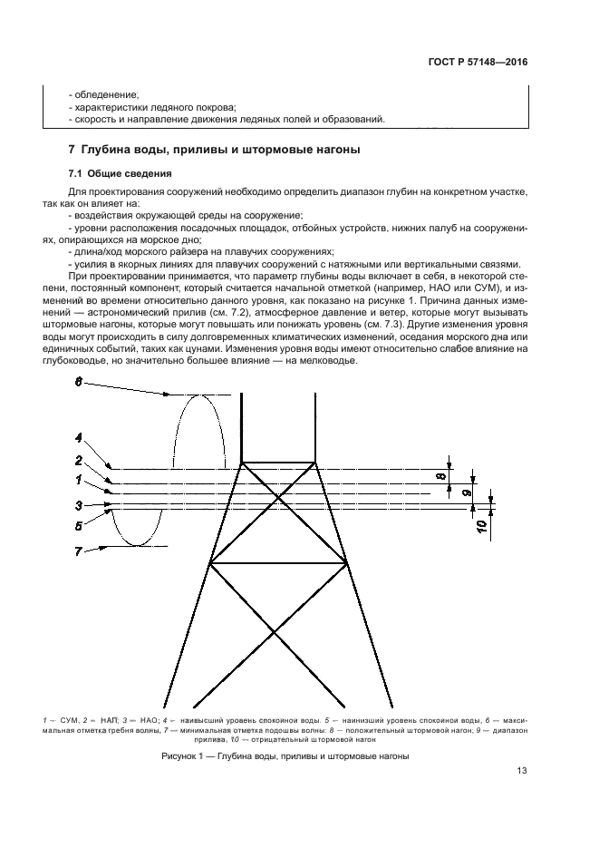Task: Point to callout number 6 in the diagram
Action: click(79, 383)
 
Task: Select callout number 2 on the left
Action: click(79, 462)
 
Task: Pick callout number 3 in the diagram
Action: click(79, 506)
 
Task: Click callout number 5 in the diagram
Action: click(79, 524)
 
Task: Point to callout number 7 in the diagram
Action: click(79, 551)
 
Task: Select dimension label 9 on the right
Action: click(466, 494)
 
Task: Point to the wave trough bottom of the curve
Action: click(137, 546)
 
